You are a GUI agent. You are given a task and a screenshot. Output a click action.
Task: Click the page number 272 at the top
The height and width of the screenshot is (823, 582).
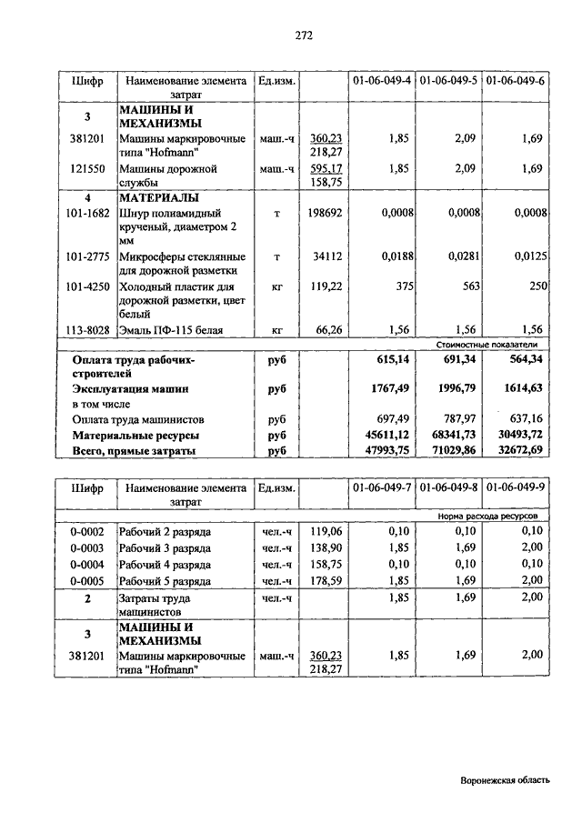click(x=303, y=35)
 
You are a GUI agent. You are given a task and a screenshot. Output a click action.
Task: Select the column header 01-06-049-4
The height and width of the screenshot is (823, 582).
click(x=382, y=80)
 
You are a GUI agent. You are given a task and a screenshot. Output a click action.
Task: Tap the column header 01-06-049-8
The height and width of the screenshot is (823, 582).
click(x=449, y=487)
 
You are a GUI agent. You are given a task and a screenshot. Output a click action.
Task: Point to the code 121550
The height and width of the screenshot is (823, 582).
click(x=87, y=168)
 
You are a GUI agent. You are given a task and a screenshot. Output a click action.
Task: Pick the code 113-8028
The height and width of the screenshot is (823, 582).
click(x=87, y=330)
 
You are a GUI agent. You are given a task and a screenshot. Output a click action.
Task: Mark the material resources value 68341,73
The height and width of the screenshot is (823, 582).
click(x=452, y=436)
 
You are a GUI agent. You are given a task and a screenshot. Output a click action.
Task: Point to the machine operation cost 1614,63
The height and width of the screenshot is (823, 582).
click(x=518, y=388)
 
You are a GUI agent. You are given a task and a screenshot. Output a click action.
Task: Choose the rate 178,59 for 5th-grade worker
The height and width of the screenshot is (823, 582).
click(x=326, y=580)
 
